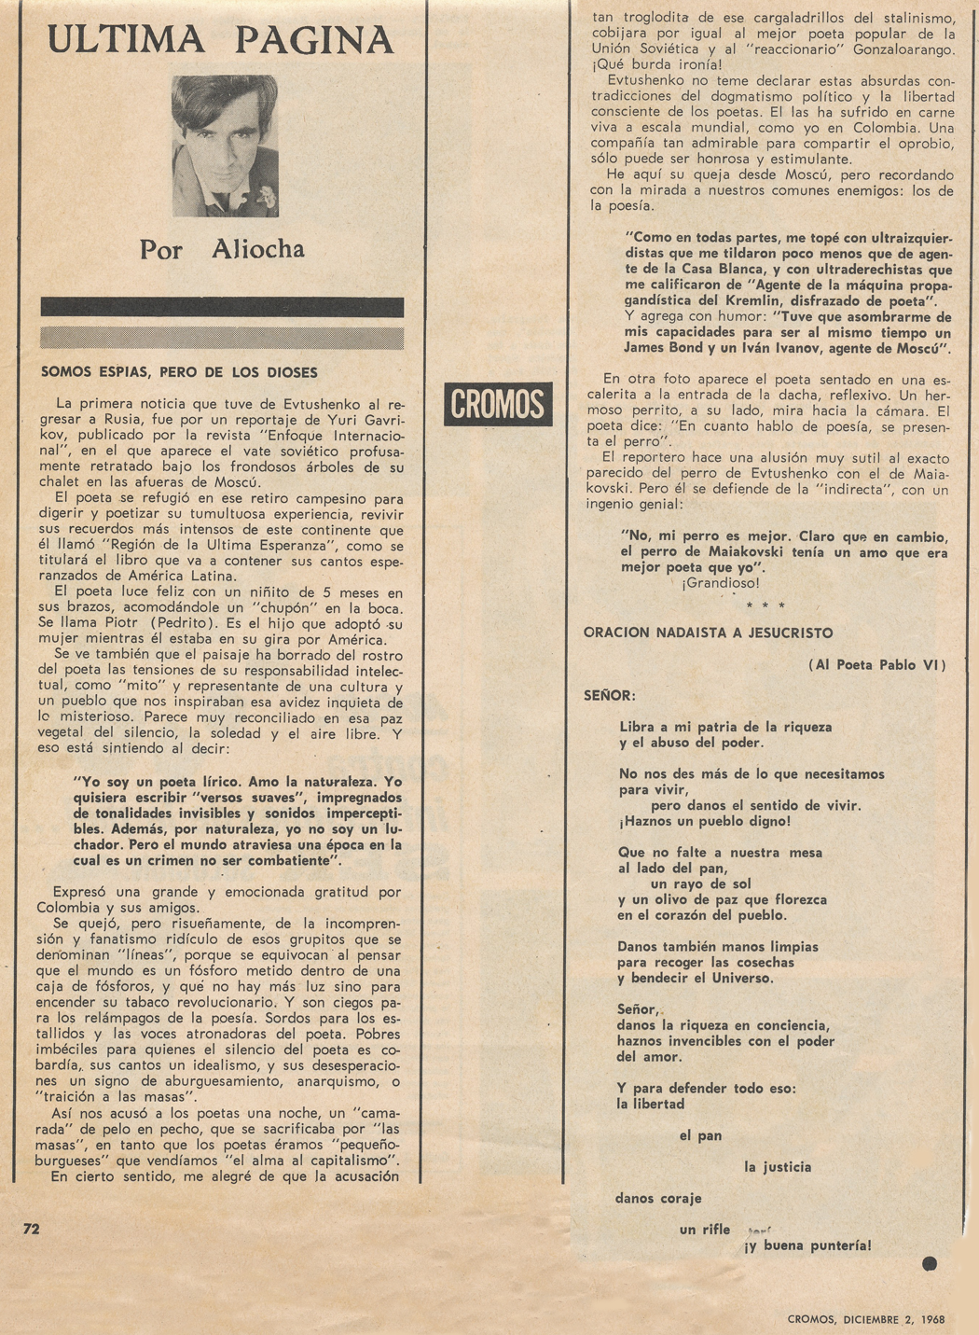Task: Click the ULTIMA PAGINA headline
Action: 221,40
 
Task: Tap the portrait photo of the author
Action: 225,146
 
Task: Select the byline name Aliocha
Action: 257,250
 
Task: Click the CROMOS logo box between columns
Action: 498,404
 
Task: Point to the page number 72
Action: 32,1229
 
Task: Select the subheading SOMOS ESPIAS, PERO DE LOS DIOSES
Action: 179,372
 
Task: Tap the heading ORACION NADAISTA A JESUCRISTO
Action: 708,633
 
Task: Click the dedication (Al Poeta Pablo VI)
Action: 877,664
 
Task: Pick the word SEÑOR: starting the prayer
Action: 609,695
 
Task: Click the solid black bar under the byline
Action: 222,307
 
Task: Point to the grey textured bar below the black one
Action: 222,337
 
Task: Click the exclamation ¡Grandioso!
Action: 720,584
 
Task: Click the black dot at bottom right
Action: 929,1264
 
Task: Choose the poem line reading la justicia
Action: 778,1167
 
